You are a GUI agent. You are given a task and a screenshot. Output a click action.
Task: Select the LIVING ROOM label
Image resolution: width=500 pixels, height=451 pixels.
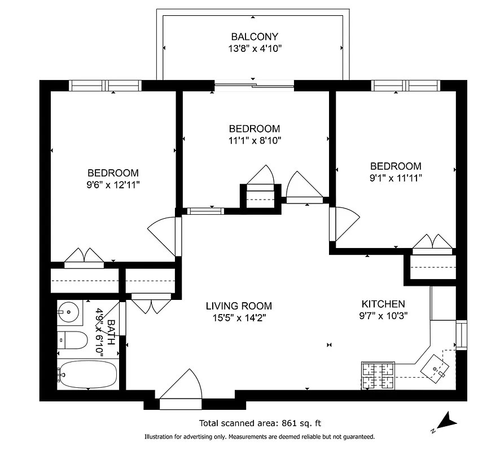coord(238,306)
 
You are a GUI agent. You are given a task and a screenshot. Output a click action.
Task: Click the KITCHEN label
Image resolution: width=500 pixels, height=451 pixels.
coord(383,304)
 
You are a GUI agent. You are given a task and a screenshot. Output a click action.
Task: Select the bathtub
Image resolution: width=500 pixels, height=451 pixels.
coord(87,374)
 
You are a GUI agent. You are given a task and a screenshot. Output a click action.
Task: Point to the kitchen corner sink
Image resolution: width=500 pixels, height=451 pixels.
coord(437,367)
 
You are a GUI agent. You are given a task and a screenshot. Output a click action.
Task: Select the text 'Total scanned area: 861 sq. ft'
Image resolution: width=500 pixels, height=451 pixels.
coord(260,423)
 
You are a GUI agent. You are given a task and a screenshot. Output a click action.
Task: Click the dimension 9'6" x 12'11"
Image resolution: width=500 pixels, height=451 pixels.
coord(113,184)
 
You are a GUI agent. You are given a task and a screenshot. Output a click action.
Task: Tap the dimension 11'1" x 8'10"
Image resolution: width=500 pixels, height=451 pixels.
coord(254,140)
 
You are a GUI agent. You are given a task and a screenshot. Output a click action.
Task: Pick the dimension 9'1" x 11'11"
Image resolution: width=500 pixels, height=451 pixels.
coord(395,177)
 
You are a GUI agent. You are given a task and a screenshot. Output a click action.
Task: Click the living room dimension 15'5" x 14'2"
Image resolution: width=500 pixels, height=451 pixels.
coord(238,317)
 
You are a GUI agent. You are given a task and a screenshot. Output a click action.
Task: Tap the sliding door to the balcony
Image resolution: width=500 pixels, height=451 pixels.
coord(254,86)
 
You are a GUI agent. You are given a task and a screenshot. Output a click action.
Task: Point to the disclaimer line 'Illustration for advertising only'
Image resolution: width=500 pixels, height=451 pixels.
coord(260,437)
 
